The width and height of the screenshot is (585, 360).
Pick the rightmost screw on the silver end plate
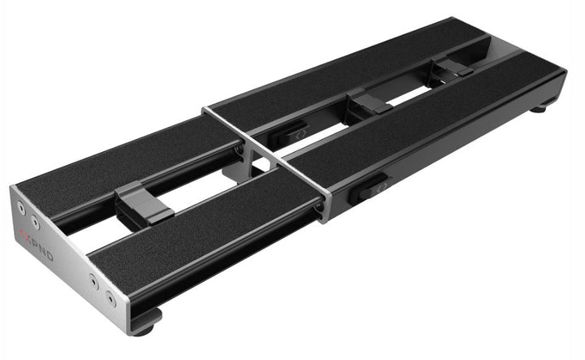(111, 300)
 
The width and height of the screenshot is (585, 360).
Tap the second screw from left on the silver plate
(35, 219)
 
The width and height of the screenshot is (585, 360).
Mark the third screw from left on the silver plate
(96, 284)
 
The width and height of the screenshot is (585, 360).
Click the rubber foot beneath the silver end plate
(147, 327)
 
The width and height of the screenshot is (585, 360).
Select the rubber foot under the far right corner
(540, 105)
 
